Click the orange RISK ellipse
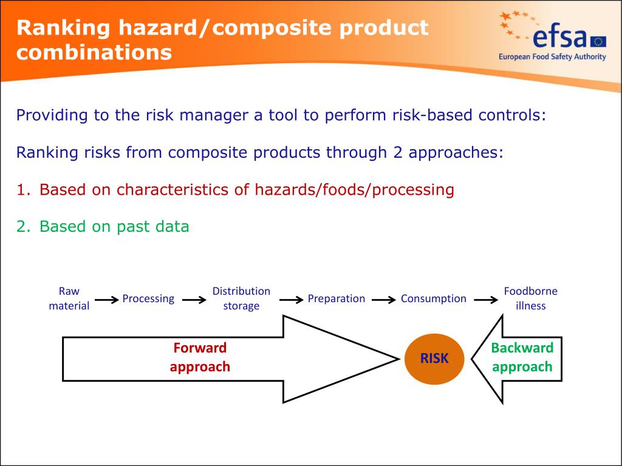point(434,359)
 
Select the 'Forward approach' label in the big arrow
point(200,357)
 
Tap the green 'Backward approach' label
point(522,357)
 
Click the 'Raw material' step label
point(69,299)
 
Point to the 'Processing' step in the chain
point(148,299)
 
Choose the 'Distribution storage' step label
point(241,299)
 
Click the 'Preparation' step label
point(336,299)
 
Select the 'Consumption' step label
point(433,299)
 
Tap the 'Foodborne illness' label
point(530,299)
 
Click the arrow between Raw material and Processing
point(106,300)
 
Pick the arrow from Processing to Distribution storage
point(194,300)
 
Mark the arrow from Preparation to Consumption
point(383,300)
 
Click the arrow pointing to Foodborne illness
point(486,300)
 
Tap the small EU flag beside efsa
point(598,41)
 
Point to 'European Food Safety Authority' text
point(552,57)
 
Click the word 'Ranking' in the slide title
point(63,28)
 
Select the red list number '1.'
point(23,190)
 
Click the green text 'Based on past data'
point(114,227)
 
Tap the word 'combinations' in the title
point(94,53)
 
